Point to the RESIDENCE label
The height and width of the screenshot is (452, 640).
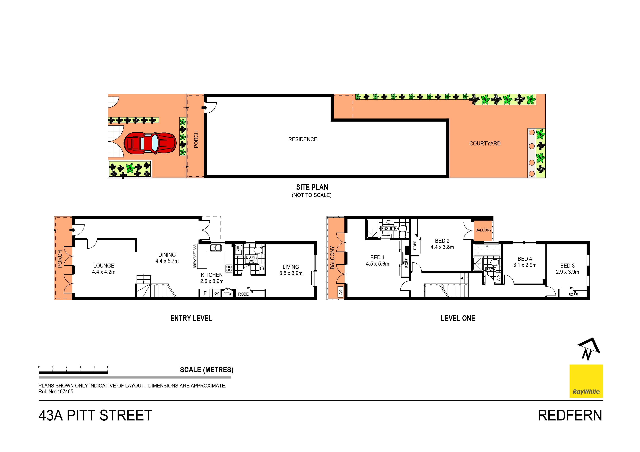pos(303,139)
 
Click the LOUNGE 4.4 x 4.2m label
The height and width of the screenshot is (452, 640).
pos(104,269)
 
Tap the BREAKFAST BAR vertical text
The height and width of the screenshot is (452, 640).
pos(195,256)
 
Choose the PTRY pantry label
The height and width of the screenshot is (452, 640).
pos(228,294)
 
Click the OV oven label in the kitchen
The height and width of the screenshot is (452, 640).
pos(217,294)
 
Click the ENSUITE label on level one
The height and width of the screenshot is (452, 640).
pos(389,229)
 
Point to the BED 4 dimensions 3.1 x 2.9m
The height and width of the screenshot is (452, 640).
pos(525,265)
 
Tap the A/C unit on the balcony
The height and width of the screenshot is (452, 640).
pos(340,292)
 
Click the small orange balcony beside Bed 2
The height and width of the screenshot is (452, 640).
pos(483,230)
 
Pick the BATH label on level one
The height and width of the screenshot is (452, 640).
pos(491,270)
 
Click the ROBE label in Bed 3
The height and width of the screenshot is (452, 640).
pos(573,295)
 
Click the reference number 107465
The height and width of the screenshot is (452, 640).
pos(65,391)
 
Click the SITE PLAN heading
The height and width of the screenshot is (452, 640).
pos(312,187)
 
